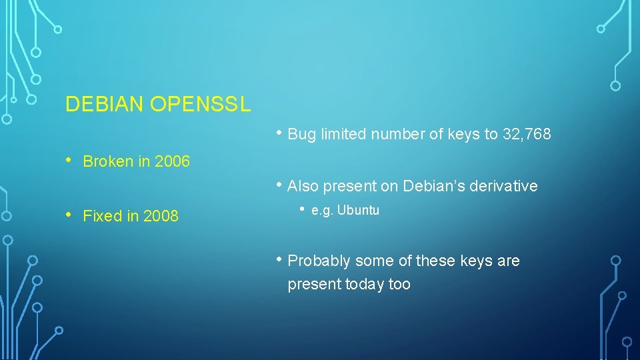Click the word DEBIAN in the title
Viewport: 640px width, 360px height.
point(105,104)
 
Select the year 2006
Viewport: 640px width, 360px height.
point(172,161)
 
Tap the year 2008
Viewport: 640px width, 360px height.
point(160,216)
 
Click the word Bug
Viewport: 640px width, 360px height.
point(302,135)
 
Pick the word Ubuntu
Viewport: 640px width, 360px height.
point(358,211)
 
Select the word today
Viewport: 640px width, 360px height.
point(365,285)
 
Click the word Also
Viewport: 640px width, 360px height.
point(303,186)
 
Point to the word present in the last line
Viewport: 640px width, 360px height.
point(314,285)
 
